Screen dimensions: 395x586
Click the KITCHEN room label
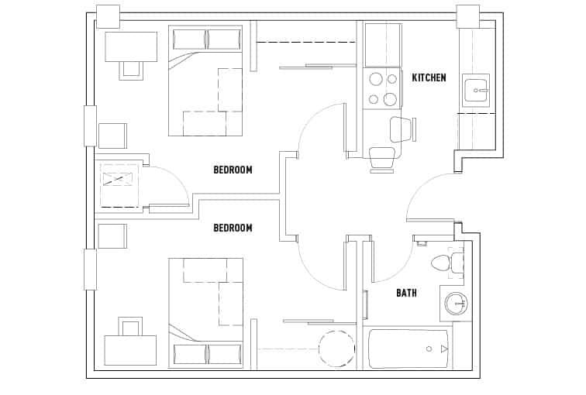coord(429,77)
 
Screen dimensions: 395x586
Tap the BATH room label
coord(406,293)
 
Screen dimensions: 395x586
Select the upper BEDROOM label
coord(233,170)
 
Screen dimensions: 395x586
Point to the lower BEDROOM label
coord(233,228)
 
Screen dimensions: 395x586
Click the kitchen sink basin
coord(475,90)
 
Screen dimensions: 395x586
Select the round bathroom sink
coord(454,303)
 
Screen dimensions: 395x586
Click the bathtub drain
coord(429,349)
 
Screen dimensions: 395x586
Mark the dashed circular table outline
coord(336,349)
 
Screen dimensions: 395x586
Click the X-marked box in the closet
coord(117,180)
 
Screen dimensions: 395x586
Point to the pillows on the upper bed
coord(206,39)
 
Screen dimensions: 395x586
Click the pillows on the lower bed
coord(206,354)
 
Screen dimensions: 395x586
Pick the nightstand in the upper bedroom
coord(112,136)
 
